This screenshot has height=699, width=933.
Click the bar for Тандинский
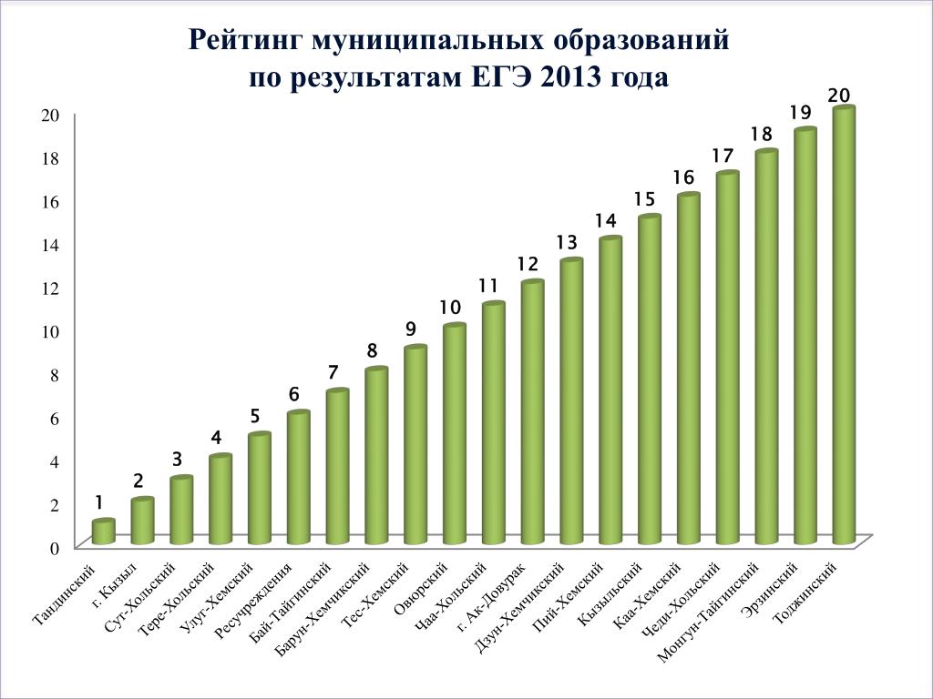click(103, 532)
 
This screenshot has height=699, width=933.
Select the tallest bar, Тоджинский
click(844, 328)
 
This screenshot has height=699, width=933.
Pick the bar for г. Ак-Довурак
click(532, 414)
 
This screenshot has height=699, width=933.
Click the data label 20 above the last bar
click(839, 96)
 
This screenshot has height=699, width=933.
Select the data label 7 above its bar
click(333, 372)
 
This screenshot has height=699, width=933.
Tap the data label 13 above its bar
click(567, 242)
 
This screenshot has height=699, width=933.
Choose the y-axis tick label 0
click(54, 548)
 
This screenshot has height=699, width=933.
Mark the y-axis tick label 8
click(54, 374)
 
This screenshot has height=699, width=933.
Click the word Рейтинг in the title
click(245, 42)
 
